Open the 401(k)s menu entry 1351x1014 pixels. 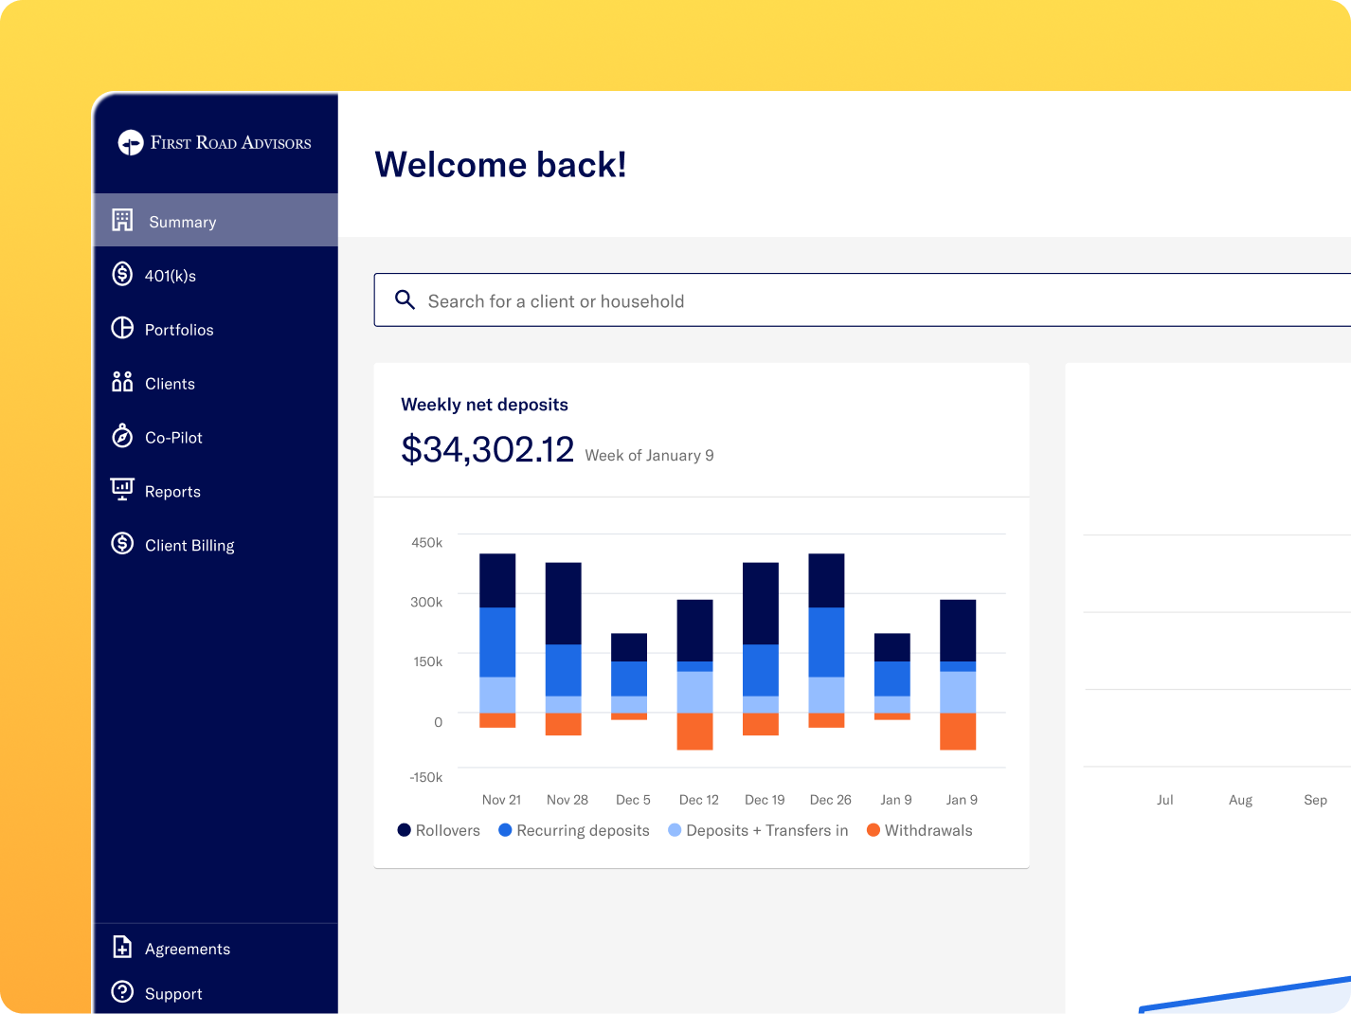[x=170, y=275]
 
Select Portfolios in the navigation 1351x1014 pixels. [x=178, y=330]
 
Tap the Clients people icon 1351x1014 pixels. [x=122, y=382]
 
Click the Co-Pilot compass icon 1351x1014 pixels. [x=122, y=436]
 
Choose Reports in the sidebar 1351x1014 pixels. [x=172, y=491]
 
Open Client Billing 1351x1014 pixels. [x=189, y=545]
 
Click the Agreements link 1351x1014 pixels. [x=187, y=948]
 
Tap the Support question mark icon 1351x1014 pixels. [x=122, y=992]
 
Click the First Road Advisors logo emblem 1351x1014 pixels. [x=131, y=143]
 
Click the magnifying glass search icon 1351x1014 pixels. [x=405, y=299]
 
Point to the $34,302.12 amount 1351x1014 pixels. [x=487, y=449]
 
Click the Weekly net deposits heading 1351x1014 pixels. [x=484, y=405]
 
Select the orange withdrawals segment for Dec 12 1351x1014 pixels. [x=694, y=731]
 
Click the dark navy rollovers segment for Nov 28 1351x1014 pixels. [x=563, y=604]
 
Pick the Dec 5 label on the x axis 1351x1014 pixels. [x=633, y=800]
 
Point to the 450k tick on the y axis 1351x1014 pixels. [x=426, y=542]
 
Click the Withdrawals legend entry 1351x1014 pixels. [x=920, y=830]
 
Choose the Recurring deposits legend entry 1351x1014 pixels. [x=573, y=830]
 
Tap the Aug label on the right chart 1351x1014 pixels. [x=1240, y=800]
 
